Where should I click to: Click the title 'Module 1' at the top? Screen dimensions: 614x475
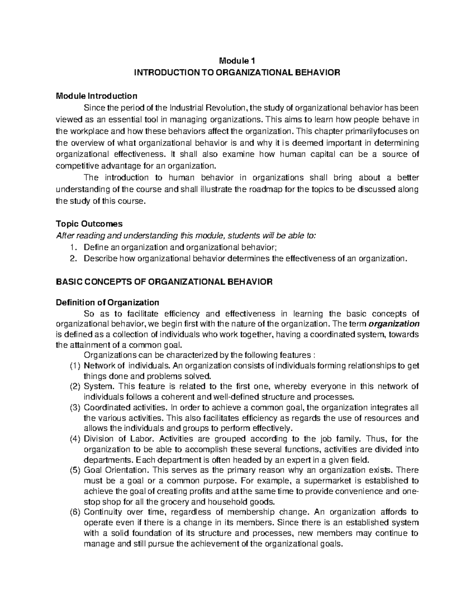tap(237, 61)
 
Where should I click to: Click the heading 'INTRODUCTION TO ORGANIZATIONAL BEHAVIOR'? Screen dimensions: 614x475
tap(237, 73)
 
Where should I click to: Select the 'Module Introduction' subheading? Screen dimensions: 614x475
tap(97, 96)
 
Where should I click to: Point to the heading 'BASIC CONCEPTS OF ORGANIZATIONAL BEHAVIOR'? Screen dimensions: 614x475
tap(164, 282)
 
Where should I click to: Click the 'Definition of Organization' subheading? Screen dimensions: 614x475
tap(107, 302)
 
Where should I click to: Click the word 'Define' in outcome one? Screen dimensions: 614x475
tap(95, 247)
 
